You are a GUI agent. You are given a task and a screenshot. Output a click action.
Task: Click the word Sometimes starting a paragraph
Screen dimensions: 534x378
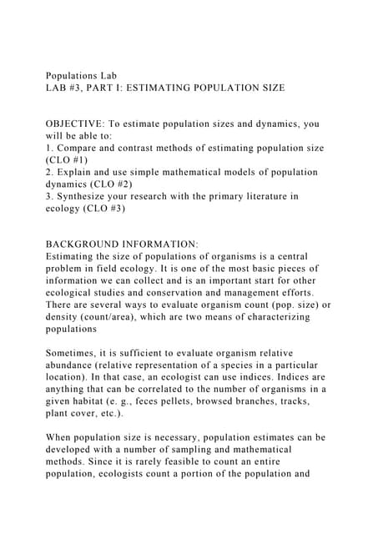[78, 353]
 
